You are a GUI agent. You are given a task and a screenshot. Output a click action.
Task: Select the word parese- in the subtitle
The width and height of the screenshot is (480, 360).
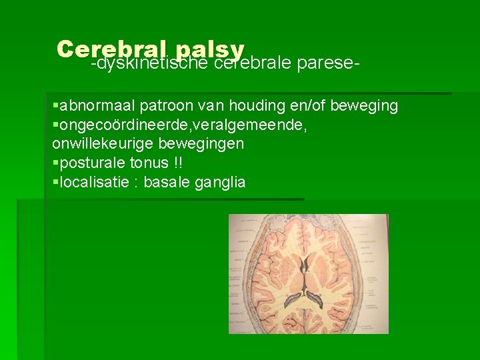(329, 64)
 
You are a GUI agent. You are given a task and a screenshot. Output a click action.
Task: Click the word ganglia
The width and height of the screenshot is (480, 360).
(220, 182)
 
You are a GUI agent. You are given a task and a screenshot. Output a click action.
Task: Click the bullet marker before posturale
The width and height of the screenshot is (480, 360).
(55, 163)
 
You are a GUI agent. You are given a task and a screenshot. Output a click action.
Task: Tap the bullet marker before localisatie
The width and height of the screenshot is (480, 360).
(55, 182)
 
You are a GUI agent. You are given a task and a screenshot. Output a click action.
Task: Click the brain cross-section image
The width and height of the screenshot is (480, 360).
(308, 273)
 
